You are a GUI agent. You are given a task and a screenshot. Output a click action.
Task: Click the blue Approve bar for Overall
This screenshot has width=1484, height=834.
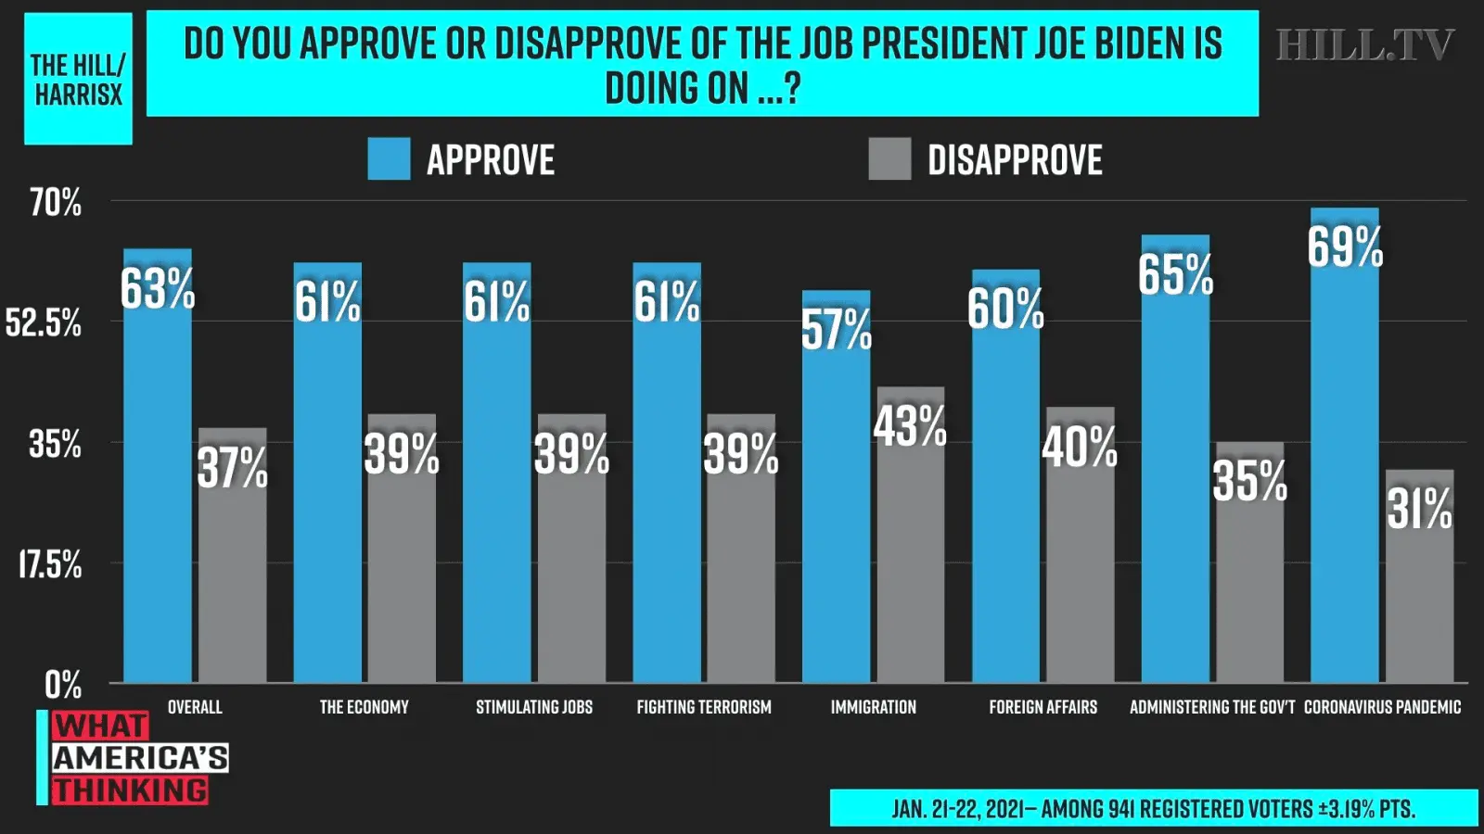tap(158, 482)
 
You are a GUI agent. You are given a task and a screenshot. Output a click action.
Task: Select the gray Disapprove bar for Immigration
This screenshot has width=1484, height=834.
tap(911, 556)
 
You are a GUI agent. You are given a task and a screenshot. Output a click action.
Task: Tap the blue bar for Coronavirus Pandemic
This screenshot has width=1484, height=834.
tap(1344, 463)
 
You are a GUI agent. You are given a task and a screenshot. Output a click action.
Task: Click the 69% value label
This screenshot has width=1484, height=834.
tap(1345, 247)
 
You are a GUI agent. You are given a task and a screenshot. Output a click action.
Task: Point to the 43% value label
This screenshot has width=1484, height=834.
tap(910, 426)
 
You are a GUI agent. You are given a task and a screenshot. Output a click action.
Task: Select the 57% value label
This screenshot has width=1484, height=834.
tap(836, 330)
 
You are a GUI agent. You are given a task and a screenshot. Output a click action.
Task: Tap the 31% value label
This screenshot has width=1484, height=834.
tap(1419, 510)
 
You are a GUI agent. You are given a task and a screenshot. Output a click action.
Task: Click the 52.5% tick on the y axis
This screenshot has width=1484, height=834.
tap(44, 323)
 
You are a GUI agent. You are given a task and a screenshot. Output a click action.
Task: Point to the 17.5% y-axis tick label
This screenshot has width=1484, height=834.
tap(50, 564)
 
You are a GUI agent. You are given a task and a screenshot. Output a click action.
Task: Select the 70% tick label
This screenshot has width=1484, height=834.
tap(56, 203)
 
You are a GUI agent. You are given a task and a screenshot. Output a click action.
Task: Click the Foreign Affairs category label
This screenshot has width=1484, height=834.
tap(1043, 707)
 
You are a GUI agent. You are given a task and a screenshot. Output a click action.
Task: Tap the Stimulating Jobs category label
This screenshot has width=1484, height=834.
tap(534, 707)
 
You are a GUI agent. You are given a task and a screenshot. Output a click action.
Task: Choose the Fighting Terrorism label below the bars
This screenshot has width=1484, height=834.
tap(704, 707)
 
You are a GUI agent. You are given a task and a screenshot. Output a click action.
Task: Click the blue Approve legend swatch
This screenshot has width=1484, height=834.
tap(389, 159)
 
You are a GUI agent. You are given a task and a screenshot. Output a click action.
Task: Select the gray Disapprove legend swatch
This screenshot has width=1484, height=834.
tap(889, 159)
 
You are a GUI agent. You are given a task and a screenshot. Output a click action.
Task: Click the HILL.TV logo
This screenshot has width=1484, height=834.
tap(1364, 45)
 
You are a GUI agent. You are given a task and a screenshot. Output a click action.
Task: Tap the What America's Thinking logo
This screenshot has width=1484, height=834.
tap(134, 758)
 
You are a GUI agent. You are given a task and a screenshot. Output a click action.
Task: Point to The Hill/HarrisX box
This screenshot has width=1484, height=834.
tap(78, 79)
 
